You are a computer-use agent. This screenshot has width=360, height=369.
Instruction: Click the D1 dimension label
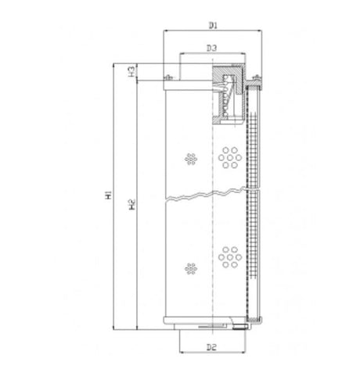[x=212, y=25]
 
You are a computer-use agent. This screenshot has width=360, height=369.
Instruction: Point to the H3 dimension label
[x=134, y=70]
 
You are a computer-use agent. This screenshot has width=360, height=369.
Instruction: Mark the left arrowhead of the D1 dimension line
[x=166, y=31]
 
